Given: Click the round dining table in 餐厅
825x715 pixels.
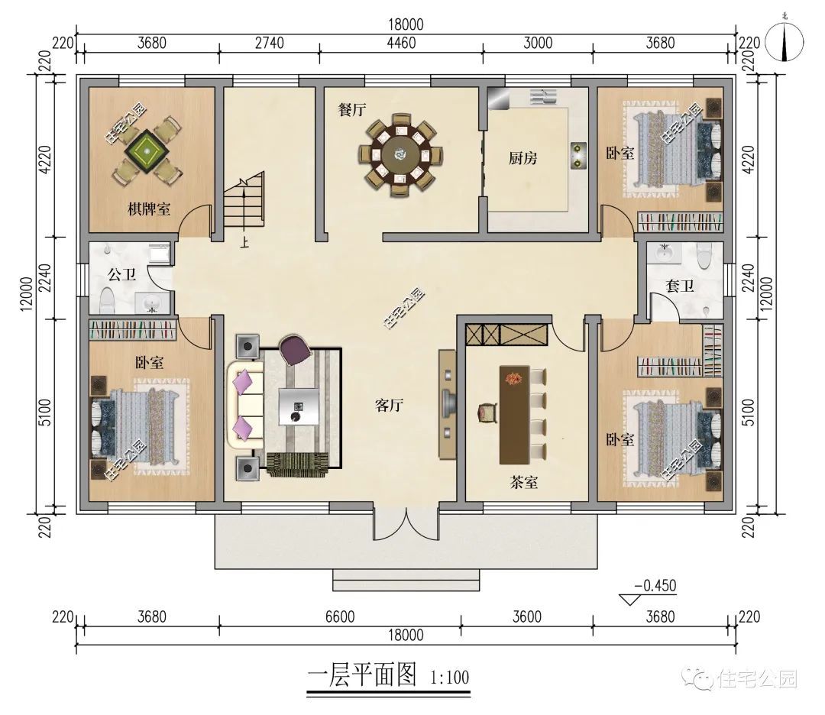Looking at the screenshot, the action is [401, 154].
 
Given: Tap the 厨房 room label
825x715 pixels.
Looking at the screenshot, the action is [522, 158].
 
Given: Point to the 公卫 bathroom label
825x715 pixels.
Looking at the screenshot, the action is [122, 274].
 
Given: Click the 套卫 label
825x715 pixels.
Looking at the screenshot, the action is [679, 286].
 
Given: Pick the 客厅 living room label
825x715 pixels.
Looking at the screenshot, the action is [390, 405].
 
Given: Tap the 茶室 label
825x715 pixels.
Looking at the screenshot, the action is [523, 482].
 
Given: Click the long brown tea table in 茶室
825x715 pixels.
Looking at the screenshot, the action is [515, 415].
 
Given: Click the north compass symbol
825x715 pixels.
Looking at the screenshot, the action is [785, 42].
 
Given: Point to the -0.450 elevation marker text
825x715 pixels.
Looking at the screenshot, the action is [655, 586].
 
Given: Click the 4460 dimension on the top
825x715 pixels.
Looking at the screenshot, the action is [401, 43].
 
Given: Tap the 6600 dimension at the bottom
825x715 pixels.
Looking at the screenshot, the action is [340, 616].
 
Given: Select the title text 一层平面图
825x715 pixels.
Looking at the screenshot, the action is [362, 675].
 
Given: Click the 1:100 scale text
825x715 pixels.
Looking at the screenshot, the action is [449, 677].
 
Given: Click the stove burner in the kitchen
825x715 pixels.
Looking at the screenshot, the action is [579, 155].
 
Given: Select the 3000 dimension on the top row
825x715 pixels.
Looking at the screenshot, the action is [538, 43].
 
